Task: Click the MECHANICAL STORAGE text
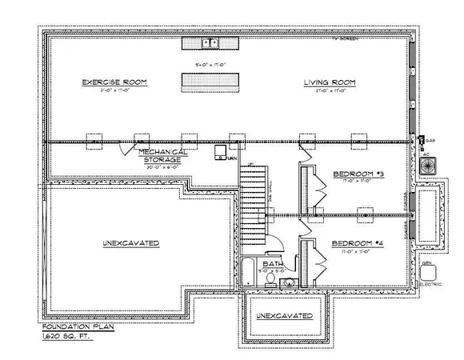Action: pyautogui.click(x=162, y=155)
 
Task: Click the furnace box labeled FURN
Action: pyautogui.click(x=221, y=151)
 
